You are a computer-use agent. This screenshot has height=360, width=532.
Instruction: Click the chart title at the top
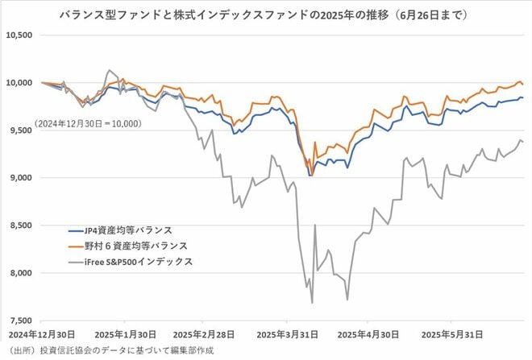click(265, 15)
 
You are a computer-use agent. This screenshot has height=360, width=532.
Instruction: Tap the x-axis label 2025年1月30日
click(127, 333)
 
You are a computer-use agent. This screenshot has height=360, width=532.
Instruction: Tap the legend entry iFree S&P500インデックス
click(132, 262)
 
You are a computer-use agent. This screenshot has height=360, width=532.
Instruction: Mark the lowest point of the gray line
click(312, 303)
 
